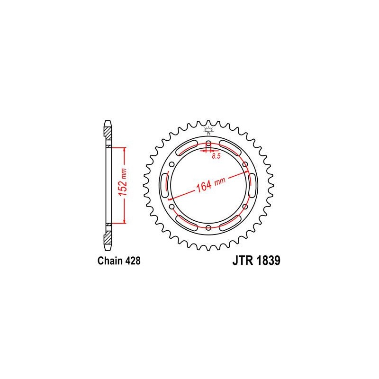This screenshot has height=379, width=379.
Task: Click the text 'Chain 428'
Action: click(x=119, y=261)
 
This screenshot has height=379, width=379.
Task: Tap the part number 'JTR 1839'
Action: click(x=256, y=261)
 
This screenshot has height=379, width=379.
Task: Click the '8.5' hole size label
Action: click(x=216, y=156)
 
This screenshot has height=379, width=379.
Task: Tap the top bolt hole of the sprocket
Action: click(x=208, y=143)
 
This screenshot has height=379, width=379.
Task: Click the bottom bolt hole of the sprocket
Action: click(x=208, y=227)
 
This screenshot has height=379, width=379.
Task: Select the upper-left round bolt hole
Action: click(x=172, y=164)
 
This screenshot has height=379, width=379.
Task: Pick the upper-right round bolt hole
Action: click(x=245, y=164)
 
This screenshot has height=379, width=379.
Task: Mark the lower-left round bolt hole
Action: click(x=172, y=207)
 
